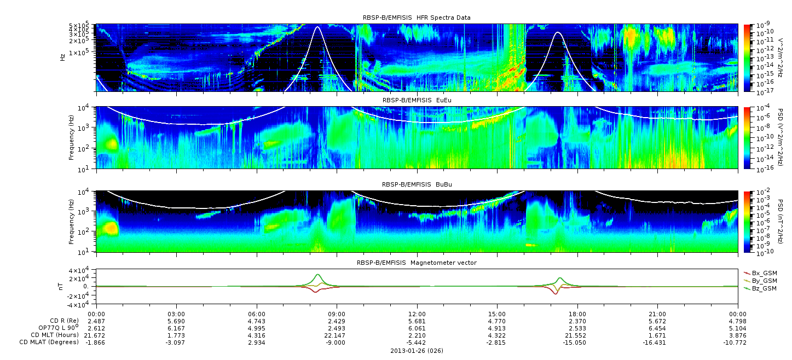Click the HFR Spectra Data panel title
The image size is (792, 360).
coord(417,18)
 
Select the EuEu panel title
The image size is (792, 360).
coord(417,100)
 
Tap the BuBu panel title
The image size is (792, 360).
coord(417,184)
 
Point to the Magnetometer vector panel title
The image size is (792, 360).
coord(417,263)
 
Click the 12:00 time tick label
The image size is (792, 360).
coord(417,314)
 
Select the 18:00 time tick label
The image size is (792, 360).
coord(577,314)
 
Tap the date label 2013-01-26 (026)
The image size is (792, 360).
coord(417,351)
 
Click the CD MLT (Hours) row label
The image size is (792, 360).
coord(55,335)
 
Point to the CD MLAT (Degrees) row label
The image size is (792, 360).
coord(49,342)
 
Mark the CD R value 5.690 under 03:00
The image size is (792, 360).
coord(176,322)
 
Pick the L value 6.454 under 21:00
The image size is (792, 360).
coord(657,329)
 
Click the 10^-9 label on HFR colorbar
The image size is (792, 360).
coord(762,25)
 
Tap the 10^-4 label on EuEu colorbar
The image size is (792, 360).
coord(762,108)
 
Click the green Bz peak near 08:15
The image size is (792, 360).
coord(318,275)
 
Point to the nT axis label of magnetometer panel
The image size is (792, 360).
coord(62,286)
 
